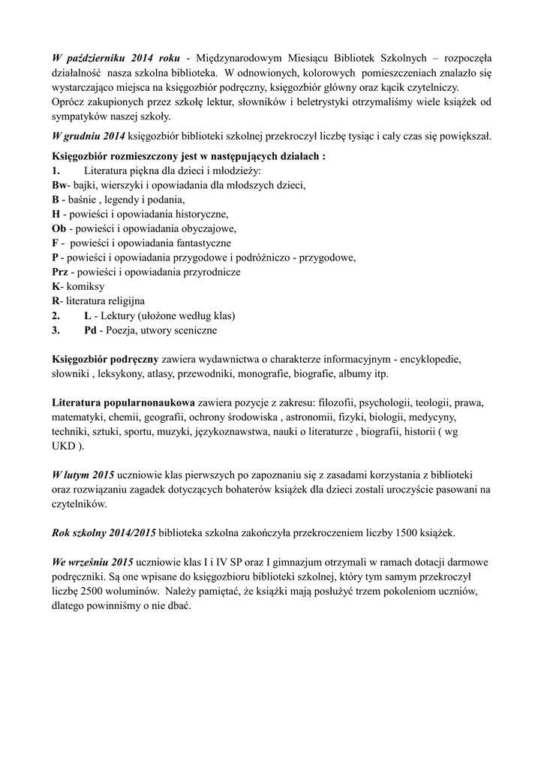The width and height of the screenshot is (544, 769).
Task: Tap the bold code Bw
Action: pos(59,185)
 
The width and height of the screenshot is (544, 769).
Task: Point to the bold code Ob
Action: pos(59,228)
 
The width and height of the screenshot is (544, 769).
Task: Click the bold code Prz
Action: pos(60,272)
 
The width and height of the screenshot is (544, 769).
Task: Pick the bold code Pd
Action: pos(90,330)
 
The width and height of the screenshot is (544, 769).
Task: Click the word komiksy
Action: pos(84,286)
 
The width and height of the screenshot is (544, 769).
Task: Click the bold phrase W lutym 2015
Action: pos(83,475)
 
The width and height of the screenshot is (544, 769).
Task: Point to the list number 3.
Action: pos(56,330)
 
